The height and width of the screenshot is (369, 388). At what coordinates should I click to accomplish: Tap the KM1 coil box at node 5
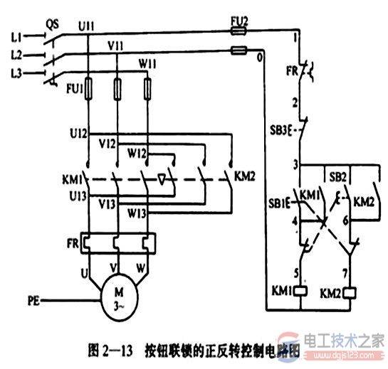point(303,292)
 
